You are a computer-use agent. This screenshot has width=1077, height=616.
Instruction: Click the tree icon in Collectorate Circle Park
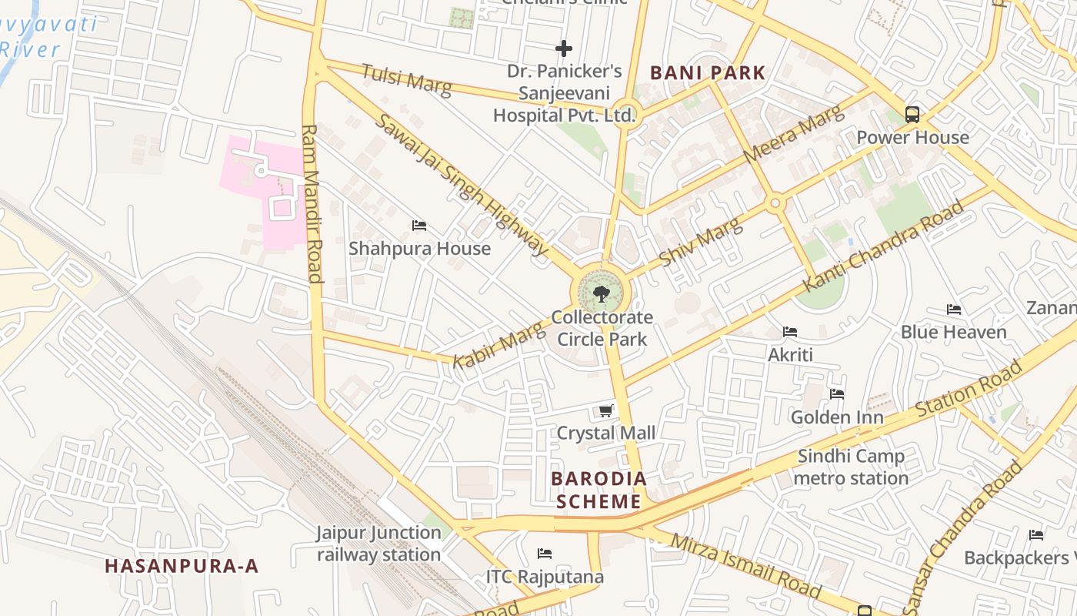click(602, 293)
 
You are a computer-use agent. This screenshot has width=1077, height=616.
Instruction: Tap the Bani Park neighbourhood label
click(708, 73)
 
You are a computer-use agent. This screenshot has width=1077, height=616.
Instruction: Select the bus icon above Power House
click(912, 115)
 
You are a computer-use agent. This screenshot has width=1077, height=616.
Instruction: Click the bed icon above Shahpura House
click(419, 226)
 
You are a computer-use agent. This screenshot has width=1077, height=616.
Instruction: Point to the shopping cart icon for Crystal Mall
click(606, 411)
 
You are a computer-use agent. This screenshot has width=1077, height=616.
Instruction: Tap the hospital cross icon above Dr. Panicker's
click(564, 49)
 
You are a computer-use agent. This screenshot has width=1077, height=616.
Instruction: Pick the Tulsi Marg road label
click(406, 79)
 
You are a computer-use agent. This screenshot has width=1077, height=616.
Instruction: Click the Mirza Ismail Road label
click(745, 564)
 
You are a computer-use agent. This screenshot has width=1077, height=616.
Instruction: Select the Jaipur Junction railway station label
click(378, 544)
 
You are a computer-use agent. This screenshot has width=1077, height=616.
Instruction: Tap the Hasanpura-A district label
click(182, 566)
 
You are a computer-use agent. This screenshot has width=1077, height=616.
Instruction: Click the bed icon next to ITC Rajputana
click(545, 554)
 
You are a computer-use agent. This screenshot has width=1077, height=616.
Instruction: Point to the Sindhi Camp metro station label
click(851, 467)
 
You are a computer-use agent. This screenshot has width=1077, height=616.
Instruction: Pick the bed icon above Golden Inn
click(837, 394)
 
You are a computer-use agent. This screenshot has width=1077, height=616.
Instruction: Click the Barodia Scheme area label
click(599, 490)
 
